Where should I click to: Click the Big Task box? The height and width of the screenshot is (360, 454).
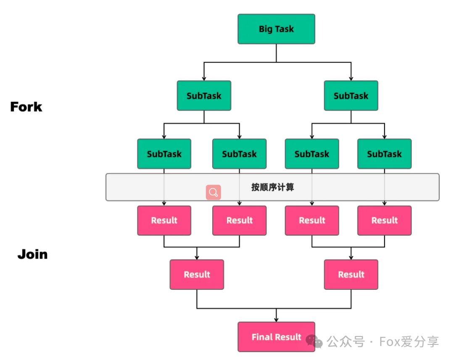point(276,29)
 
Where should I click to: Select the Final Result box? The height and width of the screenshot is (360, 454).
point(276,337)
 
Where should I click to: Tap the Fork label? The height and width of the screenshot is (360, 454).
point(26,107)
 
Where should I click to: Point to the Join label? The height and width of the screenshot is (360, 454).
point(32,254)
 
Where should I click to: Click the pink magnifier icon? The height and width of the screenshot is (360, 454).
point(213,192)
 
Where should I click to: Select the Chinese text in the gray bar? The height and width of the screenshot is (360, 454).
point(272,187)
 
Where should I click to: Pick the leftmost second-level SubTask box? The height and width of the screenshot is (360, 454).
point(164,154)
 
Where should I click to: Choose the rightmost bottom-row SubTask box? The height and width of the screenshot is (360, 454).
point(384,154)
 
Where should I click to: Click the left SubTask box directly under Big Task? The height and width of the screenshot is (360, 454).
point(204,96)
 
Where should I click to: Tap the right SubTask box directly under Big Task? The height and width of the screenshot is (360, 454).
point(351,96)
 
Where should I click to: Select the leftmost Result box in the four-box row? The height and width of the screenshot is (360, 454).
point(164,220)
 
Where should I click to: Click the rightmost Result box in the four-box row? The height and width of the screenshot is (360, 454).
point(384,220)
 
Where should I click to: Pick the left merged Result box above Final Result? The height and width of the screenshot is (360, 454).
point(197,275)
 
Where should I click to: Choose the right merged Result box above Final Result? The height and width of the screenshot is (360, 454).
point(351,275)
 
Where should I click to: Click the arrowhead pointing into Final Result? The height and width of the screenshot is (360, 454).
point(276,320)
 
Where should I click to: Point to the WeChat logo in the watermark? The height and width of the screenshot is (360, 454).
point(314,341)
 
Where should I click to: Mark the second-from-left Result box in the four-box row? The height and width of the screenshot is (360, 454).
point(239,220)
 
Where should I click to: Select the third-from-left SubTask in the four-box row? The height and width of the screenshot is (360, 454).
point(312,154)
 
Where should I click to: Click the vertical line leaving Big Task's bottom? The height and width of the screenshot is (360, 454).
point(276,53)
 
